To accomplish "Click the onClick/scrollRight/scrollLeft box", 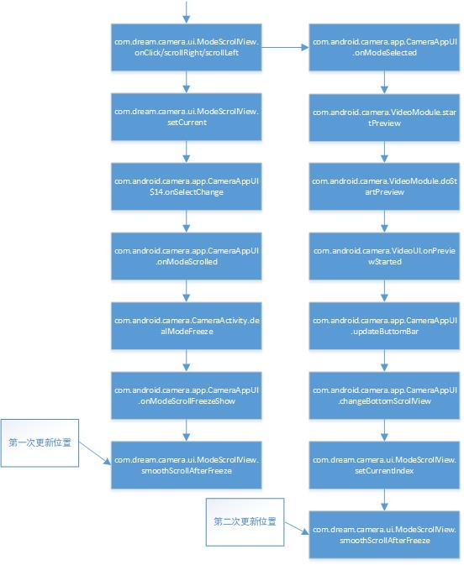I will pos(187,47).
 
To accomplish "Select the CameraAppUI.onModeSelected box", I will pos(385,47).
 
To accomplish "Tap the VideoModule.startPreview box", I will pos(385,117).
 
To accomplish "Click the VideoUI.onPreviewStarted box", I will pos(385,256).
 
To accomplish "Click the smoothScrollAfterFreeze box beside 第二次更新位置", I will pos(385,535).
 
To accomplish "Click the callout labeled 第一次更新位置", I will pos(40,442).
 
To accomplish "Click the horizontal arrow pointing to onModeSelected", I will pos(286,48).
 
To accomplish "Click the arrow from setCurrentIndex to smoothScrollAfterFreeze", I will pos(385,500).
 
